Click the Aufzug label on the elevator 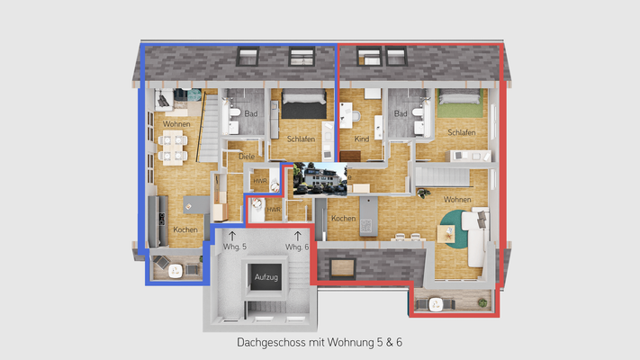point(268,276)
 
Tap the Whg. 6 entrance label point(297,247)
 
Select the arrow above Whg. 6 point(297,235)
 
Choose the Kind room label point(362,139)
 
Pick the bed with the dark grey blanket point(297,109)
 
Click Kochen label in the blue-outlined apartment point(185,229)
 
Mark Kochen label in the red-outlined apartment point(342,219)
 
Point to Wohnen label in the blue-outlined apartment point(176,123)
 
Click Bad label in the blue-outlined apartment point(250,113)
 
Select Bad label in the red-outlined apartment point(401,113)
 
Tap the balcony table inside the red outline point(436,303)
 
